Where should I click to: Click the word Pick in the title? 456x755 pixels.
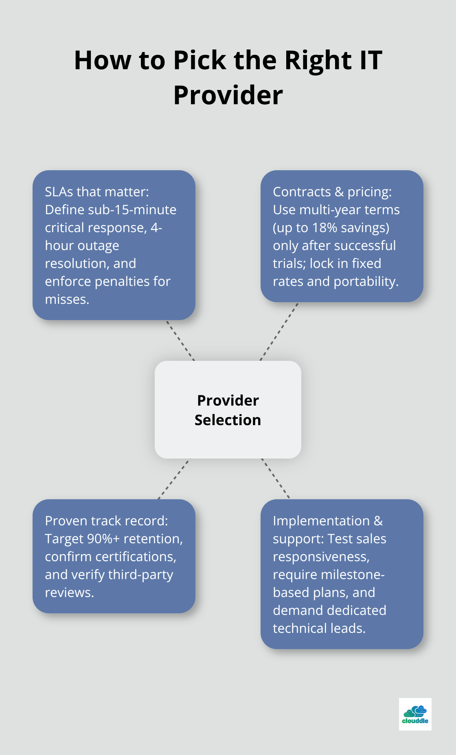point(199,60)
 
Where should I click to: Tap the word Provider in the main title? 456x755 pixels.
point(228,95)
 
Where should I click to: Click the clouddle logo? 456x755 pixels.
point(415,714)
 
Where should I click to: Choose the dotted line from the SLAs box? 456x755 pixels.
point(180,340)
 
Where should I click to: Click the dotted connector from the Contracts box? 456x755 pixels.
point(279,331)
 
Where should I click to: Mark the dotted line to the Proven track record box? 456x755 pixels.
point(174,479)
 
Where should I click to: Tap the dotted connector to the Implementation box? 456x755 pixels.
point(276,478)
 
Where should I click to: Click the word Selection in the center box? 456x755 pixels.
point(228,420)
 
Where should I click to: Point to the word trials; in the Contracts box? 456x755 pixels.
point(289,263)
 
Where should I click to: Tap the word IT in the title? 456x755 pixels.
point(370,60)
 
